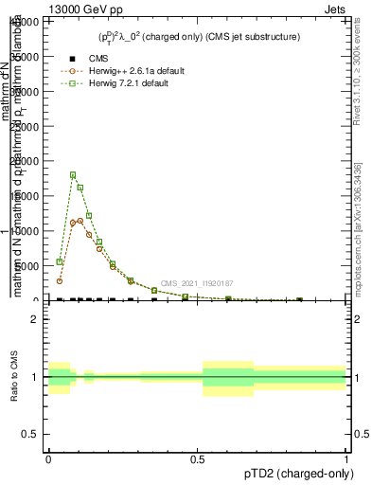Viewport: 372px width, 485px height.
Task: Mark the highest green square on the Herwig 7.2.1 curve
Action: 73,175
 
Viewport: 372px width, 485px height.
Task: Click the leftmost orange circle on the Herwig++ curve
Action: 59,281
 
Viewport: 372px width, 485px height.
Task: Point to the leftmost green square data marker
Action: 59,262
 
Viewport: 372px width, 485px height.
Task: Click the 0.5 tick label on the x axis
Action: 197,458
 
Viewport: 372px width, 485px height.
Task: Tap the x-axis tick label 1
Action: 345,458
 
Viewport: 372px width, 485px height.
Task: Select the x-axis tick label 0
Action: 48,458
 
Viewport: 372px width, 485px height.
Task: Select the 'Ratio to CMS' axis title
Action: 14,376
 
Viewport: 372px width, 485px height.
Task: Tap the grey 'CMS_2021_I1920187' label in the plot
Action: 197,283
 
